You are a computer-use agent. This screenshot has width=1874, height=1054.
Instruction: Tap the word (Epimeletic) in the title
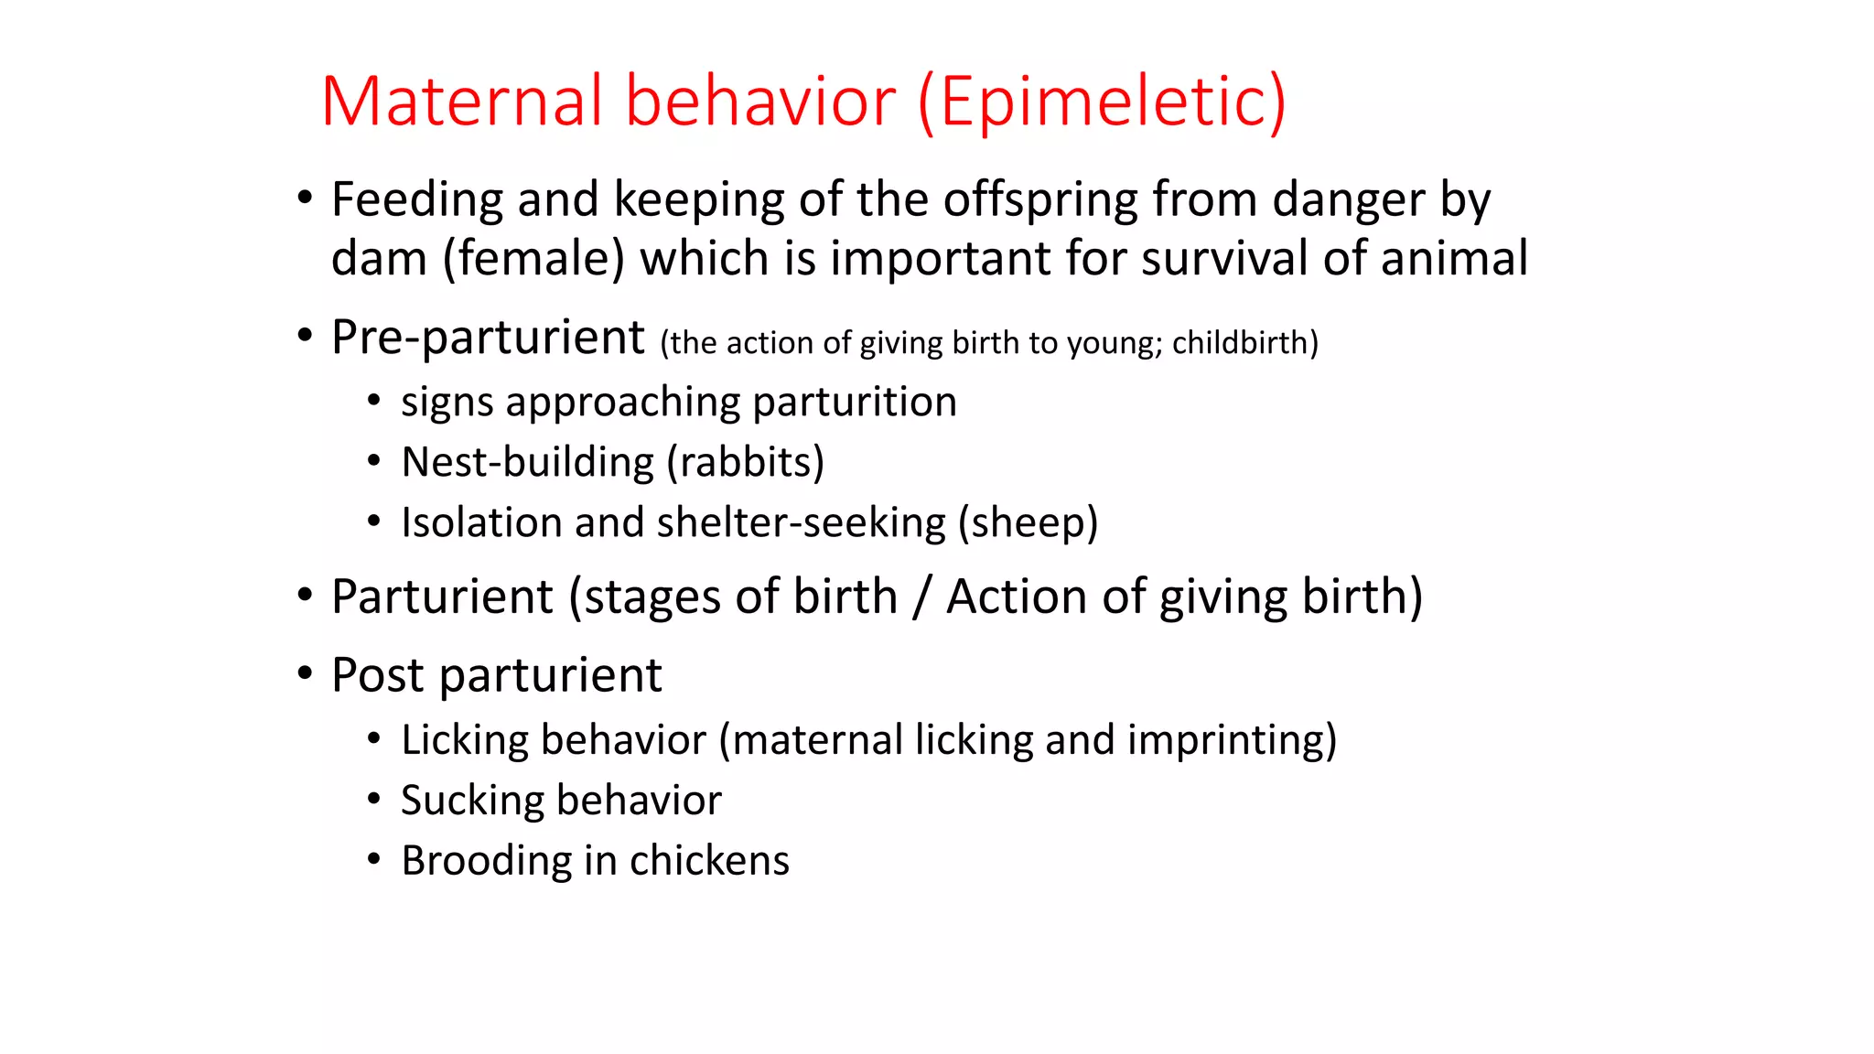click(x=1102, y=101)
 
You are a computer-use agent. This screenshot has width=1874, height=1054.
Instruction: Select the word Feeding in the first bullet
click(x=416, y=199)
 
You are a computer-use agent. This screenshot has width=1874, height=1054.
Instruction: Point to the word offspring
click(x=1039, y=199)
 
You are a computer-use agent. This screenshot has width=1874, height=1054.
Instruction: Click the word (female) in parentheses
click(x=533, y=259)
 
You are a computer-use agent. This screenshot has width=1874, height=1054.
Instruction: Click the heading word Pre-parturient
click(x=488, y=338)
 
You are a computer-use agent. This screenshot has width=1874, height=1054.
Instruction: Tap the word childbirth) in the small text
click(x=1244, y=343)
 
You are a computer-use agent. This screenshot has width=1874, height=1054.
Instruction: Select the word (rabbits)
click(x=745, y=462)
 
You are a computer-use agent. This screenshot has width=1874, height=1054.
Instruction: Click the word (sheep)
click(x=1028, y=522)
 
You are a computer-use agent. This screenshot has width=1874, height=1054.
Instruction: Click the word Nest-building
click(x=527, y=462)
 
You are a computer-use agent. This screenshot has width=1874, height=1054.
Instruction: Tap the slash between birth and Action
click(x=921, y=597)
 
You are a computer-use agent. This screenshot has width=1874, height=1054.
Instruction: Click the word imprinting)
click(x=1232, y=740)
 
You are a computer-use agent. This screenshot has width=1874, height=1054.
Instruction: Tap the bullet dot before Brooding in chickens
click(x=373, y=859)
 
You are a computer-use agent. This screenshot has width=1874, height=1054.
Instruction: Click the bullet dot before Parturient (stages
click(x=305, y=596)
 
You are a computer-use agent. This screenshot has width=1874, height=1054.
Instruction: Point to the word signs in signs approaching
click(x=447, y=403)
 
